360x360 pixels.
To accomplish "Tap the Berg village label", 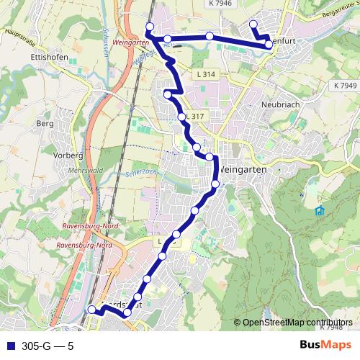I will (40, 123).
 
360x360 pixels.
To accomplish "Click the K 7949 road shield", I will (345, 85).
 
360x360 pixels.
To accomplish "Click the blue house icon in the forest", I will (319, 210).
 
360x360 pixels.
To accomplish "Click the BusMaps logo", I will (324, 346).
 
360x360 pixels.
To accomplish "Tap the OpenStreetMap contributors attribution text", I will (297, 323).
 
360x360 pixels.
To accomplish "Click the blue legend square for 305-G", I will (8, 346).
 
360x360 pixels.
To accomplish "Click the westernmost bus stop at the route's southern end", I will (91, 310).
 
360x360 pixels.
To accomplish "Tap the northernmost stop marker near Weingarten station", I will (150, 27).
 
